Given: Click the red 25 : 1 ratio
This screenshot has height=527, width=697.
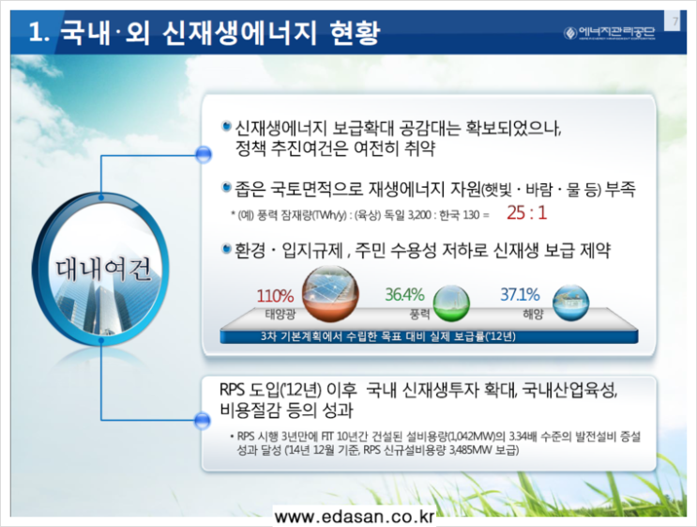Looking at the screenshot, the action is point(527,213).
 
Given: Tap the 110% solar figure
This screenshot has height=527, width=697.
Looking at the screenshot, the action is point(275,296).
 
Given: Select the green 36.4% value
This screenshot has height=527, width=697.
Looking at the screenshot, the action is point(404,294).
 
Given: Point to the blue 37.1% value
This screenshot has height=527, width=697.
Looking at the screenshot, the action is point(520,294).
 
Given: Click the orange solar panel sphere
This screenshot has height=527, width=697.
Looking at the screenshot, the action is point(330,294).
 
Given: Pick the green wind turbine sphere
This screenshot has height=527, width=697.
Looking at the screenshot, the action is point(451,302).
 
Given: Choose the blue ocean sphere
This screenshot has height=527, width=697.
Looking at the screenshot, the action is point(570,302).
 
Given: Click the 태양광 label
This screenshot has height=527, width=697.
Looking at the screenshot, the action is point(280,315).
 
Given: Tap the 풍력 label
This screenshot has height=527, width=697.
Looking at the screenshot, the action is point(419,315).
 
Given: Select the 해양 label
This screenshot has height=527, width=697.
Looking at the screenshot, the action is point(533,315).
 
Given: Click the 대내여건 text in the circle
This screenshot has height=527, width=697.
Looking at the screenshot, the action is point(102,270).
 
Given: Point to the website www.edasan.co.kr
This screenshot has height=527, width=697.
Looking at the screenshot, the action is point(355,518).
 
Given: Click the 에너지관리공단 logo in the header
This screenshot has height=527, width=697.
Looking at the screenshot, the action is point(610,33).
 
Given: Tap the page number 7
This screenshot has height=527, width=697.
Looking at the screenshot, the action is point(675,21).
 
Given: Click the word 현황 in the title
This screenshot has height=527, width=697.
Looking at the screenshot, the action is point(355,33).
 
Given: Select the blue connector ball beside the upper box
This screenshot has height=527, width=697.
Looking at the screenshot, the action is point(204,155).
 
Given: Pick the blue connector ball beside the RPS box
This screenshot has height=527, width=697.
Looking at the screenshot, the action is point(203,420).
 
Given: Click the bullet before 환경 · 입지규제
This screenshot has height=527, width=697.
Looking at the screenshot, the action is point(227,248).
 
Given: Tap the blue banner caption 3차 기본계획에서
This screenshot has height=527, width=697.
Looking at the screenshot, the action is point(388,336).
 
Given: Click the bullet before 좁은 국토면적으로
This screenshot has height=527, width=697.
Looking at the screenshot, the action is point(227,187).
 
